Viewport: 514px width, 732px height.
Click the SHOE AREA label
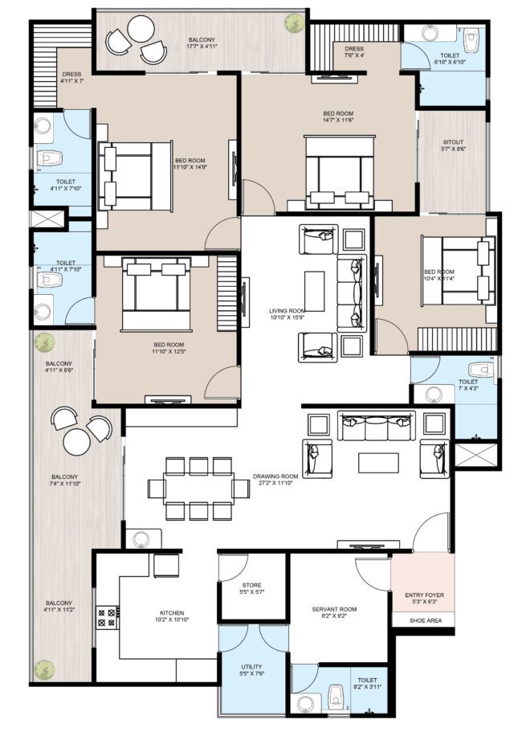coord(422,620)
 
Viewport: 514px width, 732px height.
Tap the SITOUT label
coord(452,146)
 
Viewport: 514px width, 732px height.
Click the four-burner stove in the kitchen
coord(106,617)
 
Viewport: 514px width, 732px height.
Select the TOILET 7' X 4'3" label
coord(467,386)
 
